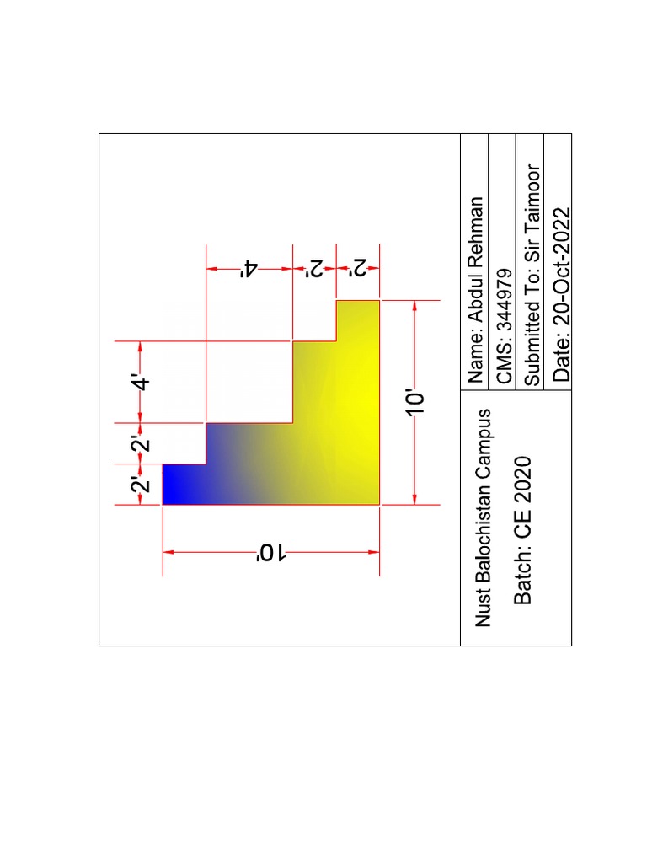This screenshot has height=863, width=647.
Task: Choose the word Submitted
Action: pos(532,340)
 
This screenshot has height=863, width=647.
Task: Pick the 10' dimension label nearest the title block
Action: pos(415,403)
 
